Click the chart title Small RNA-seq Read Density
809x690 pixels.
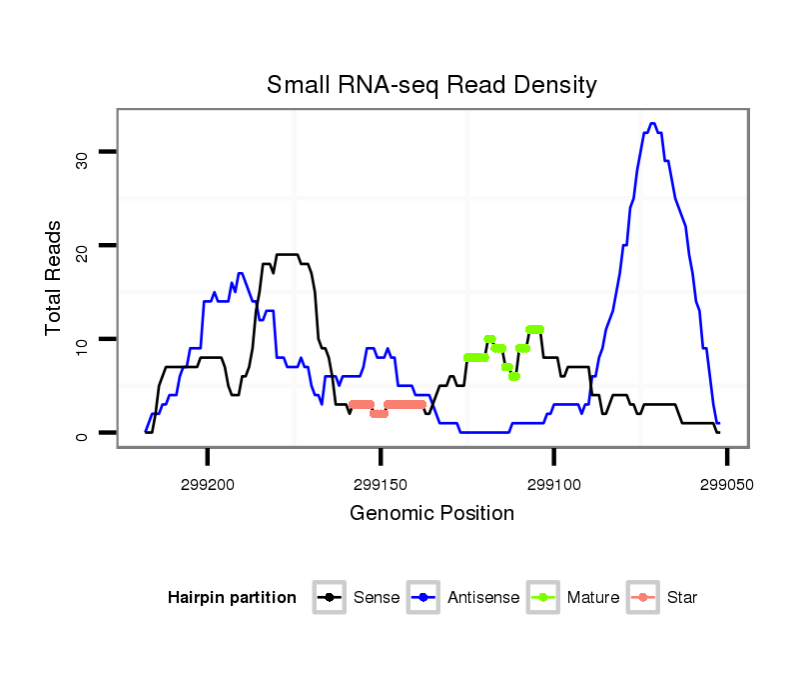(431, 85)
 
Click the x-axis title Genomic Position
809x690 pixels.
(431, 514)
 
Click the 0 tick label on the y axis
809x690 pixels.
(82, 434)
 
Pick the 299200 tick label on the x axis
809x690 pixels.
(208, 483)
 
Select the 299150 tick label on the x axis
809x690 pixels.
(381, 483)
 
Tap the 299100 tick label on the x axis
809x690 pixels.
(554, 483)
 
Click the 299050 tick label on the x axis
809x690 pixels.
(727, 483)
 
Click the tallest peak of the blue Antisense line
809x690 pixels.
(652, 124)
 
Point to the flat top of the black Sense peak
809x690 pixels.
(288, 255)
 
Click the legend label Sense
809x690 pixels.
(377, 598)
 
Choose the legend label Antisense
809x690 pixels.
(483, 598)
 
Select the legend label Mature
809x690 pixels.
(592, 598)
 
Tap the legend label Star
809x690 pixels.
(682, 598)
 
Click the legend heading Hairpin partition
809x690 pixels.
(232, 598)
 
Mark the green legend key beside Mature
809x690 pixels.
(544, 598)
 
